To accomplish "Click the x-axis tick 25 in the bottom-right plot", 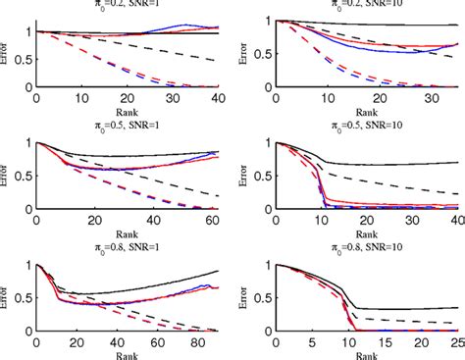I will pos(456,344).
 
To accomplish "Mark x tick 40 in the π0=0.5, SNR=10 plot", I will pos(456,222).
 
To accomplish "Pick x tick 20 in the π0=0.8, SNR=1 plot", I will pos(77,344).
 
